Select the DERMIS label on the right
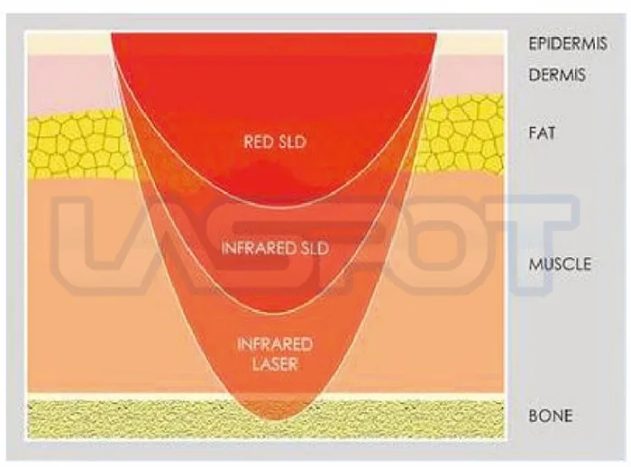coord(556,75)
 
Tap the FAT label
coord(543,133)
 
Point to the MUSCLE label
coord(560,264)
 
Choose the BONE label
coord(550,417)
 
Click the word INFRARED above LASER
coord(275,345)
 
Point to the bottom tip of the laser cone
coord(276,417)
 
